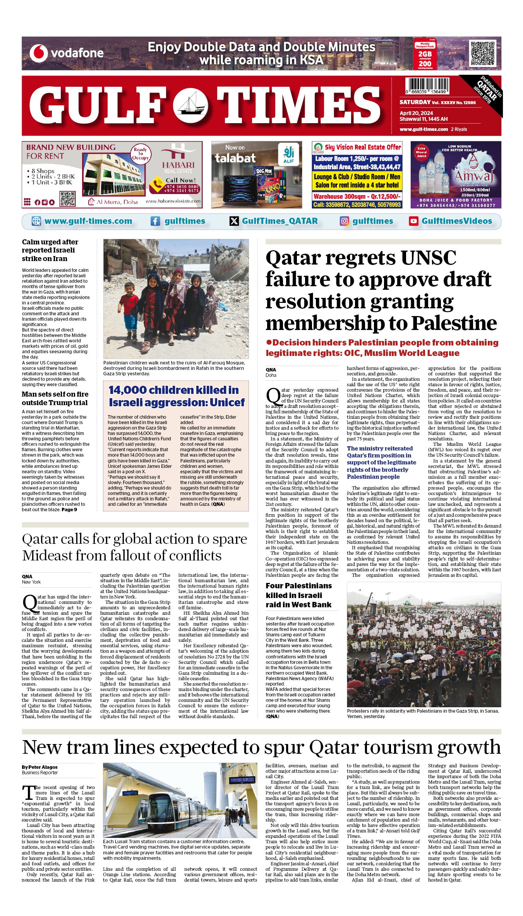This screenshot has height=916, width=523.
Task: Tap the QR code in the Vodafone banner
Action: coord(482,53)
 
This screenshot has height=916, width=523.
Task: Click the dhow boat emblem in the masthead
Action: coord(190,105)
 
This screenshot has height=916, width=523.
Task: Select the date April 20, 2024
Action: coord(416,113)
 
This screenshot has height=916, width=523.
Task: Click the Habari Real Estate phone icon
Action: coord(157,185)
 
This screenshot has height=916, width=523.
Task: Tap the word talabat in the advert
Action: coord(235,158)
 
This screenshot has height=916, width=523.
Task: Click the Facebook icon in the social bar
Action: coord(155,221)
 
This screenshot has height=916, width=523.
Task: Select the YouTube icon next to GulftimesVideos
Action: coord(413,221)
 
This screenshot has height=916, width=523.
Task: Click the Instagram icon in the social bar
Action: coord(344,221)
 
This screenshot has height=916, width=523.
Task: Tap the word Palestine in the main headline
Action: coord(454,323)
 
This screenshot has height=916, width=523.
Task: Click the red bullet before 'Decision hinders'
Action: coord(269,342)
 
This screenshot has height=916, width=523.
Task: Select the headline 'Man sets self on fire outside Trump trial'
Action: coord(55,398)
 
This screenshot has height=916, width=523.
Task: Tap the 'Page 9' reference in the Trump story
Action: coord(69,510)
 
